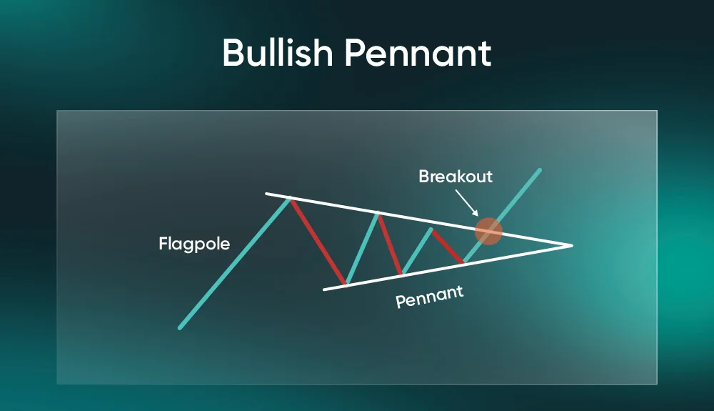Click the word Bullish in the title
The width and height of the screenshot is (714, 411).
(x=278, y=52)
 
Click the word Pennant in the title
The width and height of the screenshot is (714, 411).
(x=418, y=52)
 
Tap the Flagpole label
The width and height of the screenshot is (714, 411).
(x=194, y=244)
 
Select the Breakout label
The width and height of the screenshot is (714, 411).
(x=456, y=177)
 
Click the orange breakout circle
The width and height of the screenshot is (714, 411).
(x=488, y=231)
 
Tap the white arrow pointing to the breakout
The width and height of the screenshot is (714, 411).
(x=467, y=203)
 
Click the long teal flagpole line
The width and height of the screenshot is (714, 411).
(x=234, y=262)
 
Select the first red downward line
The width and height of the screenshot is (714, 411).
(x=318, y=242)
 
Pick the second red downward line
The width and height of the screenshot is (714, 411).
(x=390, y=244)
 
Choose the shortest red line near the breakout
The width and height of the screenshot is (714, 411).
(x=448, y=247)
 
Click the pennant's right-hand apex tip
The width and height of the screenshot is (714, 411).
(x=572, y=246)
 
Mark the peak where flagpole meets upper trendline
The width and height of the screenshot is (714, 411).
(x=290, y=198)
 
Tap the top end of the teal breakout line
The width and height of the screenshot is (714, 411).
(x=540, y=170)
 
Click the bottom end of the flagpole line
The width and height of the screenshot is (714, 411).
(x=180, y=327)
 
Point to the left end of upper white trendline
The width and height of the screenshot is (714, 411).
(x=266, y=194)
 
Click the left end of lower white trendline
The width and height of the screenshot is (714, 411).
(x=324, y=289)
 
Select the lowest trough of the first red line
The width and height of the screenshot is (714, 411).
(x=346, y=284)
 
